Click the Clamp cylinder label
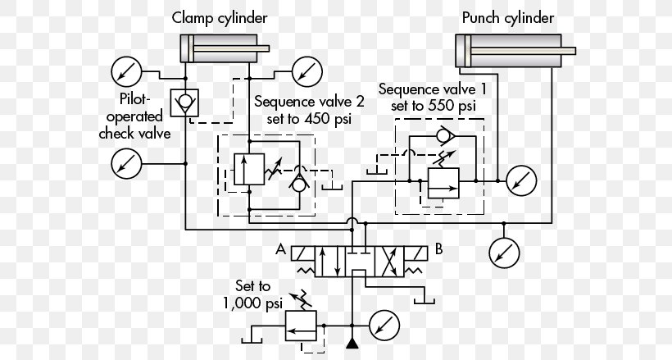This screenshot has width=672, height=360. click(220, 17)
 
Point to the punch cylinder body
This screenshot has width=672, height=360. click(508, 52)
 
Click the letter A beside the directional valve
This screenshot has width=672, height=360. click(281, 249)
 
